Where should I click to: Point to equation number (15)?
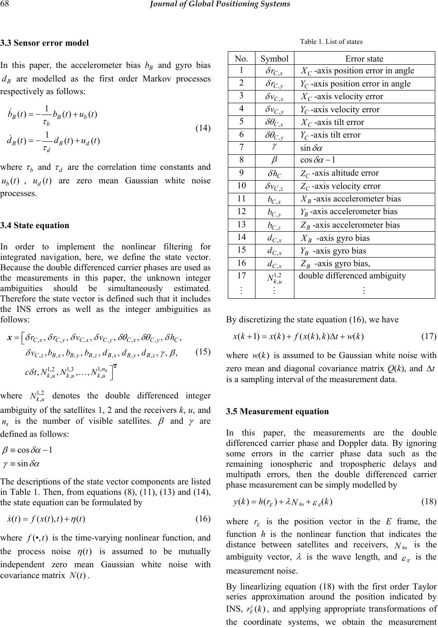coord(202,351)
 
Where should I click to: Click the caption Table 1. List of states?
coord(331,42)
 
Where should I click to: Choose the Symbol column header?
coord(275,58)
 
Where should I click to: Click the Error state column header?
coord(364,58)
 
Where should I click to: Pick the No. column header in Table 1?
coord(241,58)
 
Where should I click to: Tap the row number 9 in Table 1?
coord(242,173)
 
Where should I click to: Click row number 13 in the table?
coord(242,225)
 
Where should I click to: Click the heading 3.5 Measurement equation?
coord(277,412)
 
